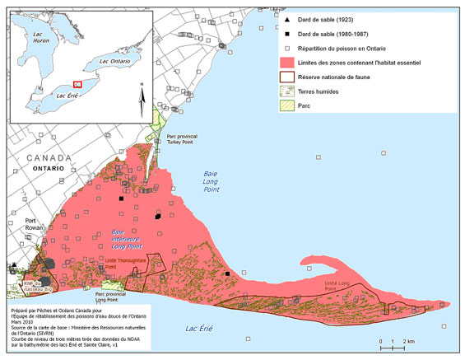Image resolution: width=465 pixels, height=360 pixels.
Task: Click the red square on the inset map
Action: tap(77, 83)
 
